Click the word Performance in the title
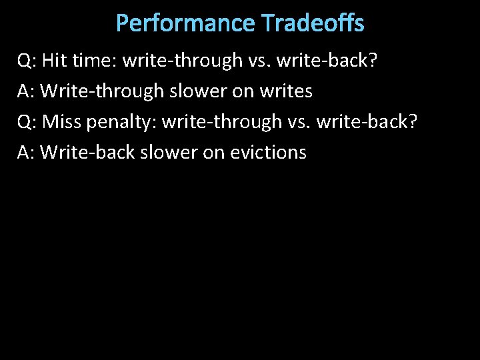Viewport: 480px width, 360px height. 185,23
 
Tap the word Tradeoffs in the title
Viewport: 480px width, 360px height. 313,23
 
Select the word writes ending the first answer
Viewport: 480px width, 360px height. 283,91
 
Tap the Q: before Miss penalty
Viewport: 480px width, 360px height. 27,122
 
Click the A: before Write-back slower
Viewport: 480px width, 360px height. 27,153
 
